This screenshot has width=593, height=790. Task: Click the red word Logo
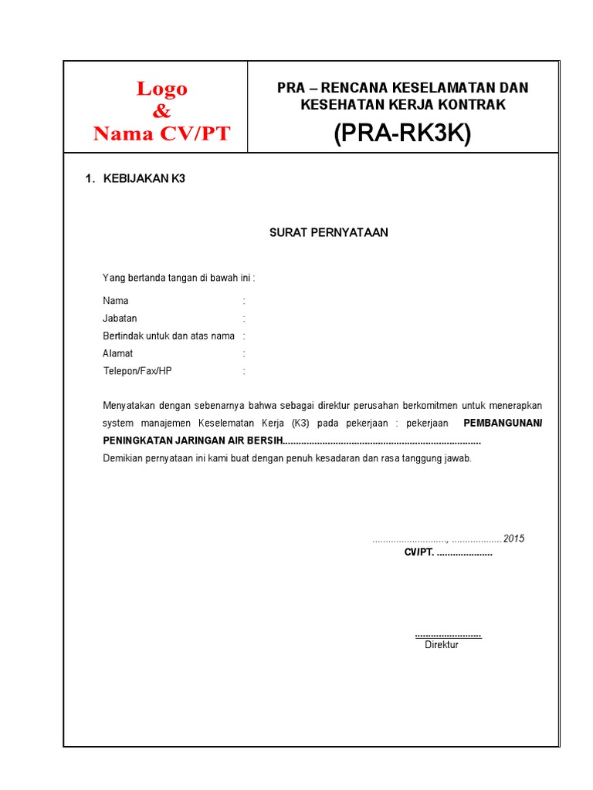[162, 89]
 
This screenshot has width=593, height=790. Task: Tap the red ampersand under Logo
[161, 111]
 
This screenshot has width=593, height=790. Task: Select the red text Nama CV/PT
[161, 133]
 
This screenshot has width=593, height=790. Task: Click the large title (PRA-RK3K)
[402, 133]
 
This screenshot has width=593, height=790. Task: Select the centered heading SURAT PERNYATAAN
[328, 232]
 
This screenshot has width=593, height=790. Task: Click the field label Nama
[116, 301]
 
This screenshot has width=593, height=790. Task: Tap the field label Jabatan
[120, 318]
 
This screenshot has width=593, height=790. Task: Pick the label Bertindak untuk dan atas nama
[168, 336]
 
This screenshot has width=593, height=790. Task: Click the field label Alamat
[118, 353]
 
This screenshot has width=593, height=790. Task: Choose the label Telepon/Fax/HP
[137, 371]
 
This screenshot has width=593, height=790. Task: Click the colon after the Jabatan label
[244, 318]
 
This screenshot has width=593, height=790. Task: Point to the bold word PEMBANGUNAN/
[502, 424]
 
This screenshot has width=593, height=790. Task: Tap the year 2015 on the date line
[513, 538]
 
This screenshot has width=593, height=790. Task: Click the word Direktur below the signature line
[442, 644]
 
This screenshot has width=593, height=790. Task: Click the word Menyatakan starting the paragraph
[128, 406]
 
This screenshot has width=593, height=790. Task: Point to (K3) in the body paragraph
[299, 424]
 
